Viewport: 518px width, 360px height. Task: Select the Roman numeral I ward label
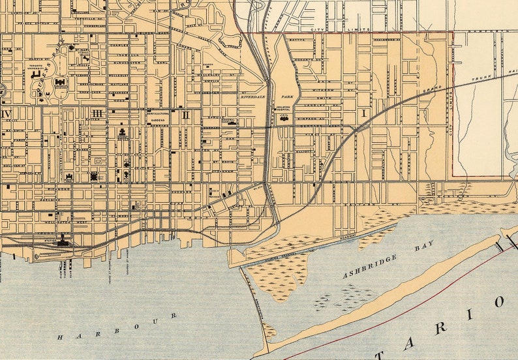363,113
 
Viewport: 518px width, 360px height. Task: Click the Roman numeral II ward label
186,115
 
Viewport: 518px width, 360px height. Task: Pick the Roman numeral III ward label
97,113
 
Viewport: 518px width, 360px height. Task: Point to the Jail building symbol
284,119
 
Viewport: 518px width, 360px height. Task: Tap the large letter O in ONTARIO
500,302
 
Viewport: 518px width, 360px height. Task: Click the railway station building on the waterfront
63,242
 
